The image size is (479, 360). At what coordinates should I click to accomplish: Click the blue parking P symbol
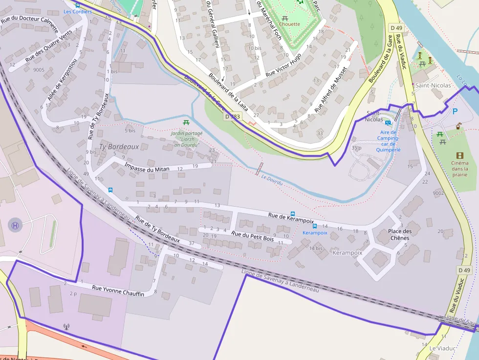click(x=455, y=112)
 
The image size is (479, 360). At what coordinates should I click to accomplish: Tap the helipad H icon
click(x=16, y=225)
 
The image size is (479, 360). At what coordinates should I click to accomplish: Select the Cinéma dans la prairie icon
click(x=459, y=155)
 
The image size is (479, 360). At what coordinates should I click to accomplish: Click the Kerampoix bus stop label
click(x=314, y=233)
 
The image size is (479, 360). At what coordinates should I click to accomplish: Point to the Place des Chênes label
click(x=399, y=234)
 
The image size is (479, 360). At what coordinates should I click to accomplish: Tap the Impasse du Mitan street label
click(x=147, y=169)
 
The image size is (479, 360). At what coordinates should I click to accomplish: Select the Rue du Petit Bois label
click(x=252, y=237)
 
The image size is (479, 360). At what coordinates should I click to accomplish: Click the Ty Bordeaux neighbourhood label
click(x=119, y=147)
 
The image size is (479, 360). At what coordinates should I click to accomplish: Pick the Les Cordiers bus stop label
click(x=78, y=11)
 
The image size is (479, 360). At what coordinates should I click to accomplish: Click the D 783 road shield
click(x=233, y=117)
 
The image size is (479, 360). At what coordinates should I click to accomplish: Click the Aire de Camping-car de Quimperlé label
click(x=388, y=141)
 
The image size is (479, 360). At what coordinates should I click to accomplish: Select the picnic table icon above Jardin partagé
click(x=186, y=123)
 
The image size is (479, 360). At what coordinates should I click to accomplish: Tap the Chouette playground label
click(x=289, y=24)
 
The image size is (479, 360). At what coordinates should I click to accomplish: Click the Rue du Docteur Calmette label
click(x=29, y=21)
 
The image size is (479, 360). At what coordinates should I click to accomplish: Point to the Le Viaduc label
click(x=442, y=348)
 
